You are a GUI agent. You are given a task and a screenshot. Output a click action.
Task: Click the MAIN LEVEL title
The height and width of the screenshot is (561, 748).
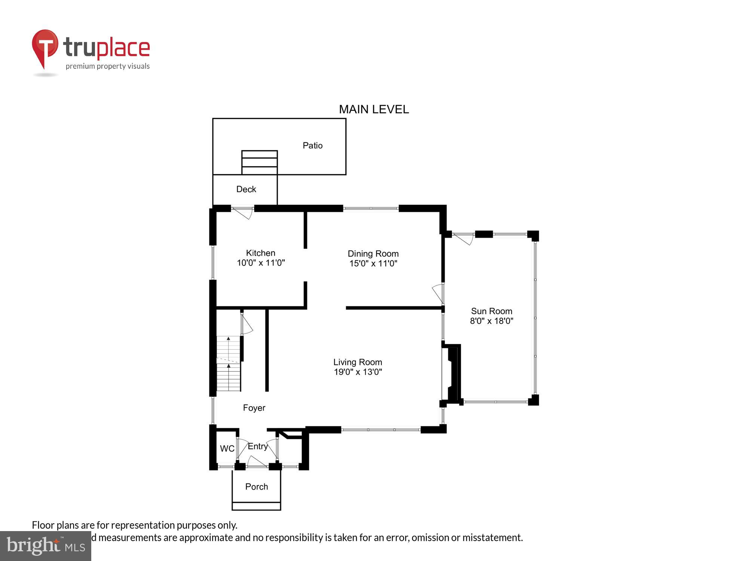point(374,109)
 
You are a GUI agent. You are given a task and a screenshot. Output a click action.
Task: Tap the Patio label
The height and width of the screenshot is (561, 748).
point(312,145)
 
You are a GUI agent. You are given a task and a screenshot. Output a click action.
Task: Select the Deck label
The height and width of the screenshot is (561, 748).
point(246,189)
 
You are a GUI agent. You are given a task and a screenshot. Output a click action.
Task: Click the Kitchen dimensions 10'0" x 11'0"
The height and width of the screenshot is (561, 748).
point(261,263)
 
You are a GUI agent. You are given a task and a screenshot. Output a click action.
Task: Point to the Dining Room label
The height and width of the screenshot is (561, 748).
point(373,254)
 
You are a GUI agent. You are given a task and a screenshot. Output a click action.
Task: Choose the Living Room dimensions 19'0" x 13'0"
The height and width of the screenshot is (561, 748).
point(358,372)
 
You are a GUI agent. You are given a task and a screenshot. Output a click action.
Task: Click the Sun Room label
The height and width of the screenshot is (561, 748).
point(491,311)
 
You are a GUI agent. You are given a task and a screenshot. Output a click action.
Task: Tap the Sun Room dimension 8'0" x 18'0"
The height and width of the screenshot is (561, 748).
point(491,321)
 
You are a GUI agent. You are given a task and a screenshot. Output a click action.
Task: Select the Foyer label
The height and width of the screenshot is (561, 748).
point(254,408)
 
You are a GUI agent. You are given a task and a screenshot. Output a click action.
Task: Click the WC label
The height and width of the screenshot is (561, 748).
point(227,449)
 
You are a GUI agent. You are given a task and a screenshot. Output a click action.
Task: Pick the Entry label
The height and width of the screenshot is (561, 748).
point(258,446)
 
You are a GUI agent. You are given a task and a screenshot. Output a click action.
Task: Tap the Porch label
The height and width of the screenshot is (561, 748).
point(257,487)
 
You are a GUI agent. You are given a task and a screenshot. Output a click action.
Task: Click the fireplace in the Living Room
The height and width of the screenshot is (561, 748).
point(452,374)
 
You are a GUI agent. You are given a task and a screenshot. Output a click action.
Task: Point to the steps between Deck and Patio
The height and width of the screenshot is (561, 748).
point(259,162)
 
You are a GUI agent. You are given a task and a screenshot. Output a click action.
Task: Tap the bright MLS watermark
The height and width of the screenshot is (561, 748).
point(46,546)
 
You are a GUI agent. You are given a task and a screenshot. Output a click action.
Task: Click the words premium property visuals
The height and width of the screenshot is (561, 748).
point(108,66)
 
